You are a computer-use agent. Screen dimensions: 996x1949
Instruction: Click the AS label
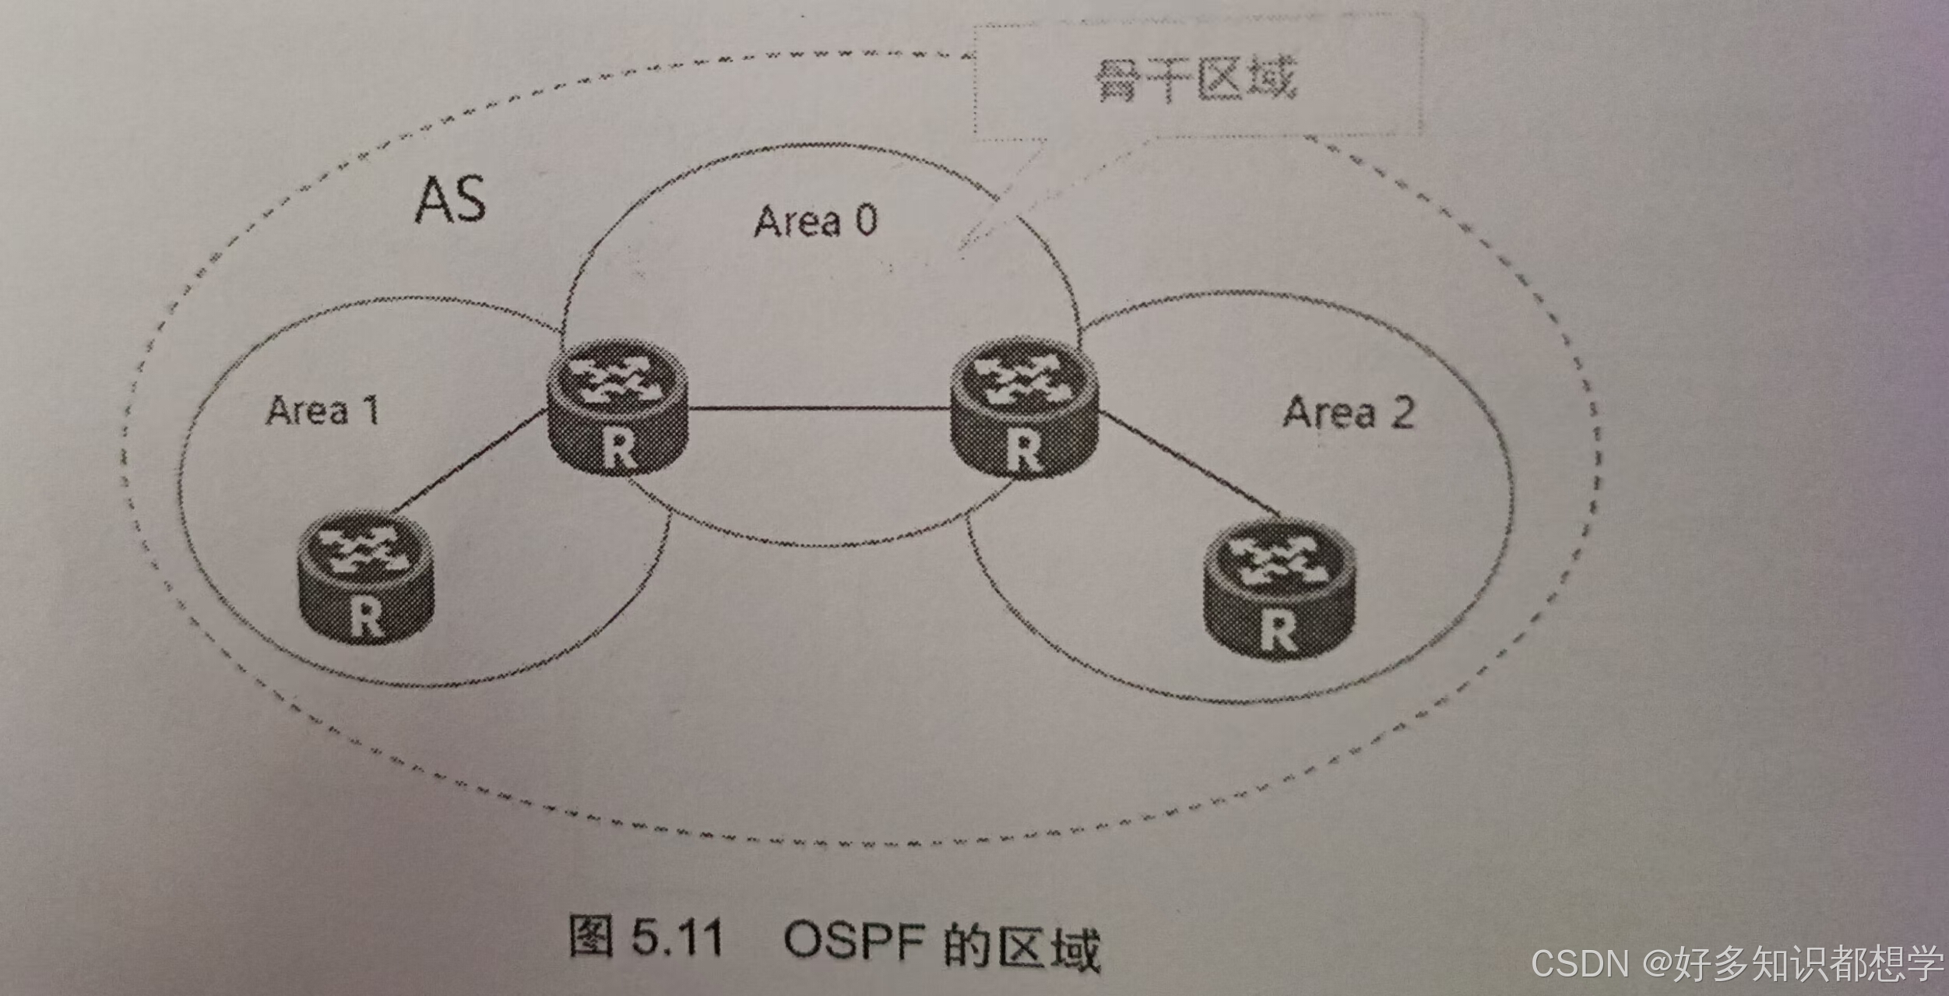click(451, 201)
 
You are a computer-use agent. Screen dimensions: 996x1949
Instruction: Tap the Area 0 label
click(815, 221)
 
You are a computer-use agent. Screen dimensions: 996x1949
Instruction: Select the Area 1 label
click(323, 410)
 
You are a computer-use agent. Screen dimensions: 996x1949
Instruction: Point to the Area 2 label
click(1349, 413)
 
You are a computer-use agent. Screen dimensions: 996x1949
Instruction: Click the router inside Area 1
click(366, 576)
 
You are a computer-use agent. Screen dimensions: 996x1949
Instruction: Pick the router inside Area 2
click(1279, 590)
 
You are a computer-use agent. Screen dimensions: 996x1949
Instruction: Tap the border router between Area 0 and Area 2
click(1023, 408)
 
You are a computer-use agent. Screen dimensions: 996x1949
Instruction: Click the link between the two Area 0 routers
click(818, 407)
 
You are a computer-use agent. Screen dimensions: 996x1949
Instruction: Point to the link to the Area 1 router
click(467, 461)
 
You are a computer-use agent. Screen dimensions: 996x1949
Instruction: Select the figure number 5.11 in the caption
click(677, 937)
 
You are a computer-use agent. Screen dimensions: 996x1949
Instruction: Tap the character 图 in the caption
click(591, 934)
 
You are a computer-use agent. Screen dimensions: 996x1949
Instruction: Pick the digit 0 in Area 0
click(867, 220)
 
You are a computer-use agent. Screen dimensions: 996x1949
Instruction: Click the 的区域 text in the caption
click(1022, 945)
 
